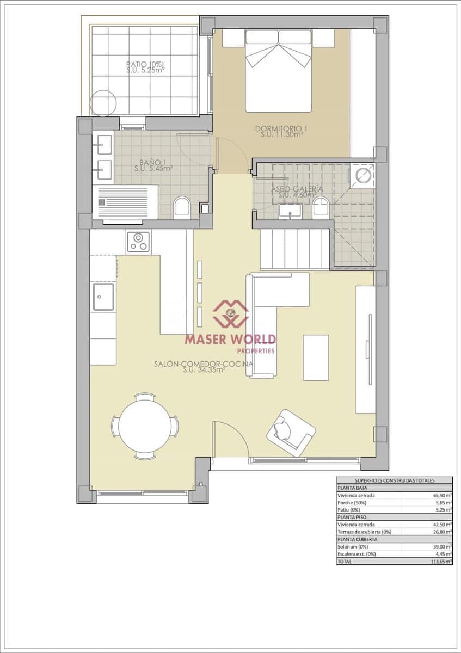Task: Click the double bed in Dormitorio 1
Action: [278, 71]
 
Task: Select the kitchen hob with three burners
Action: [138, 242]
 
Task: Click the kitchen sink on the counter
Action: [103, 297]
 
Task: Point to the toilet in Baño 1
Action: [182, 208]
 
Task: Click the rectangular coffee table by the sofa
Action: [316, 358]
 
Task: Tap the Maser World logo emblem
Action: [230, 313]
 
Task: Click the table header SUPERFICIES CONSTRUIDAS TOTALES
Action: [394, 480]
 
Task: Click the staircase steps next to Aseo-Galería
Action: [294, 249]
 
